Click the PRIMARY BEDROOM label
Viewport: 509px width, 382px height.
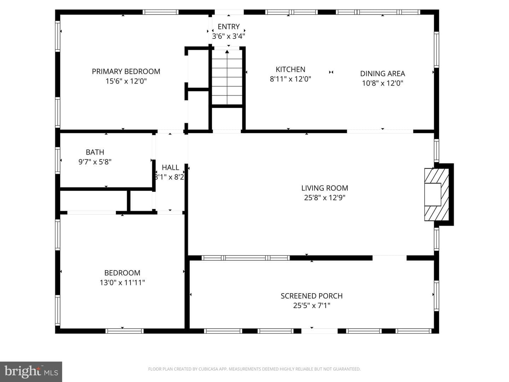point(126,71)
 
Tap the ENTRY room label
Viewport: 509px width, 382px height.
point(228,27)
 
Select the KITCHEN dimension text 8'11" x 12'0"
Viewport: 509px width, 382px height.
point(290,79)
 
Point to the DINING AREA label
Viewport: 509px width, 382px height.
point(382,74)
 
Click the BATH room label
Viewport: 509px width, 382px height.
point(95,152)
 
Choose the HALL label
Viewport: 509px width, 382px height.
point(170,167)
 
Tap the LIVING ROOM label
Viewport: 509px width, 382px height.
point(324,188)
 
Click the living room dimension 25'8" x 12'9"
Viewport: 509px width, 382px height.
point(324,198)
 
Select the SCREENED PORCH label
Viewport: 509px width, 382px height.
point(311,296)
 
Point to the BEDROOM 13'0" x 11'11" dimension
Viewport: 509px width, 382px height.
point(122,283)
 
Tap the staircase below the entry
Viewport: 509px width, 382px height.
point(227,77)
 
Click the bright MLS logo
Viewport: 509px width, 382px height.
point(31,371)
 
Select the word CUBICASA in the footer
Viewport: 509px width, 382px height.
point(208,369)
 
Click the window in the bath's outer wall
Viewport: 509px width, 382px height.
point(58,160)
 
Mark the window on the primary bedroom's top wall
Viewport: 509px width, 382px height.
point(160,12)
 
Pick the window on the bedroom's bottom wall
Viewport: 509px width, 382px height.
point(124,331)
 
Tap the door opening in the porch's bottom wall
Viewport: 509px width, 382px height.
point(319,331)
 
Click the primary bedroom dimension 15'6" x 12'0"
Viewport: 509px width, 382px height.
point(126,81)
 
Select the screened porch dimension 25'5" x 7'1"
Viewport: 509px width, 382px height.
point(311,306)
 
